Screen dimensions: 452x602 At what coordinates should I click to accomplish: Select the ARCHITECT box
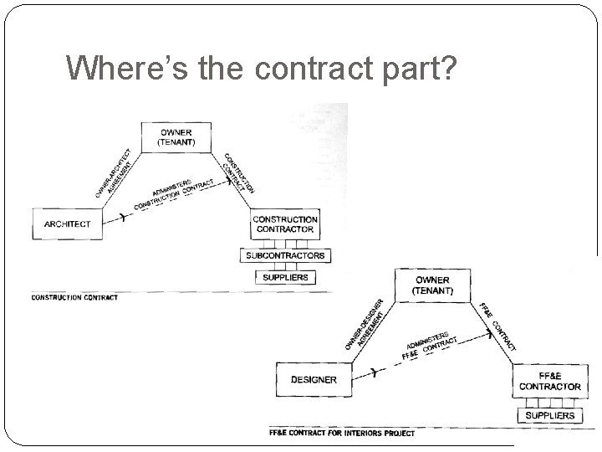click(67, 223)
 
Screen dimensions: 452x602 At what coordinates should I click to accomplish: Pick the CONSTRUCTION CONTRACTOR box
click(285, 223)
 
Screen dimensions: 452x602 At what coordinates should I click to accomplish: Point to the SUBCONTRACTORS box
click(285, 255)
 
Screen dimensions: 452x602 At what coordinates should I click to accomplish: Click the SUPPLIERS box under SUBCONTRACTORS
click(285, 277)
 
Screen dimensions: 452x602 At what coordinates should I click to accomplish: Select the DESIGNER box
click(314, 380)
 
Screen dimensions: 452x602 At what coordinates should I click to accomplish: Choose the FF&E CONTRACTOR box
click(549, 381)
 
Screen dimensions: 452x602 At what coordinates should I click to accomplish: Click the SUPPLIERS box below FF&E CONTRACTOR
click(550, 415)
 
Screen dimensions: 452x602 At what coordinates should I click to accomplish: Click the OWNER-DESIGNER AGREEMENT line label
click(365, 325)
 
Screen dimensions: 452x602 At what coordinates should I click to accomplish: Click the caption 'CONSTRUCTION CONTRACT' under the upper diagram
click(74, 297)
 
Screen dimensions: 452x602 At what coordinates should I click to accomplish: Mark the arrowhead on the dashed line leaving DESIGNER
click(374, 373)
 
